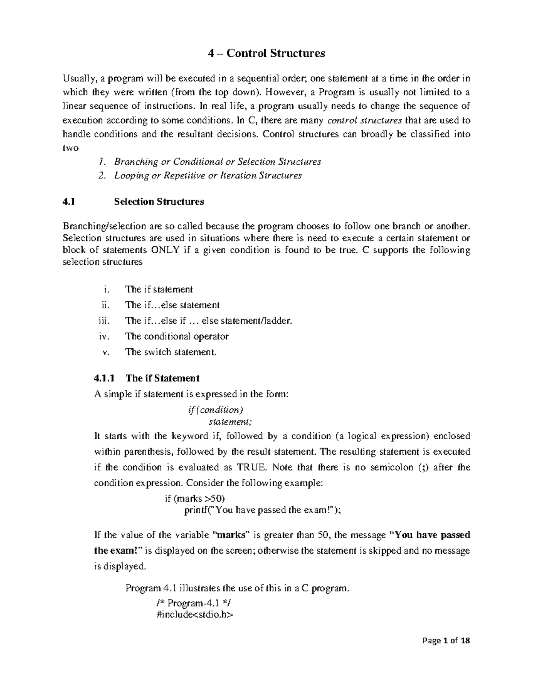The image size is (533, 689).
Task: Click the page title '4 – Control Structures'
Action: [x=266, y=54]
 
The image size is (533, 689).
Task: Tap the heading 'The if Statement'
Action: [x=162, y=378]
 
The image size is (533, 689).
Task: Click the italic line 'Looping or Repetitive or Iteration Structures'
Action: [x=207, y=176]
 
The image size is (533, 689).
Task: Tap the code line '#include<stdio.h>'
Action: [x=195, y=615]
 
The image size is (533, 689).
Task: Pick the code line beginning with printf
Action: [x=263, y=510]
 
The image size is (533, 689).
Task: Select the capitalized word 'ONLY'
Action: [x=166, y=250]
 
